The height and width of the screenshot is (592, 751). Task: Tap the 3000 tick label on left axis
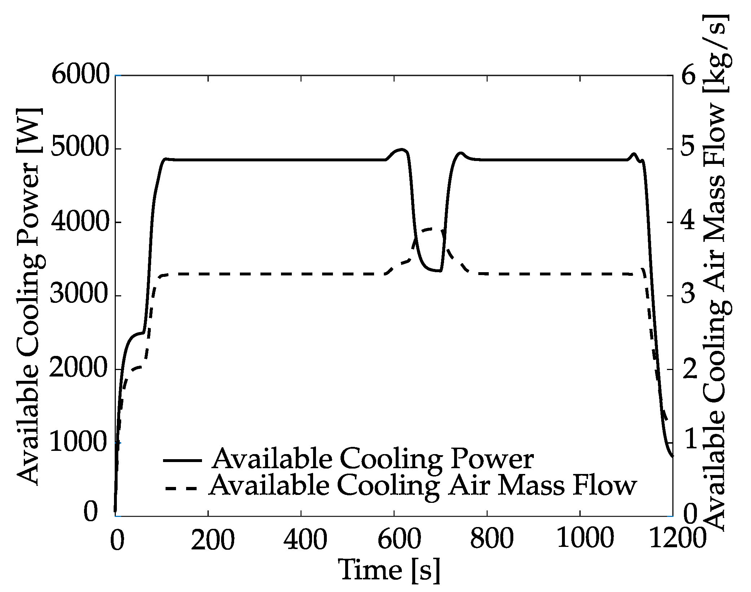79,295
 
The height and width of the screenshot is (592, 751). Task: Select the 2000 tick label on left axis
79,368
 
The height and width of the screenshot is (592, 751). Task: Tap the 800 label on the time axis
492,539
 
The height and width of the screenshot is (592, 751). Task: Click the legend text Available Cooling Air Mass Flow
423,486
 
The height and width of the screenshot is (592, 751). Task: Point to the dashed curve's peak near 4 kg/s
431,228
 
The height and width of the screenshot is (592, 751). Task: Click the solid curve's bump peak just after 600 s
401,149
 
